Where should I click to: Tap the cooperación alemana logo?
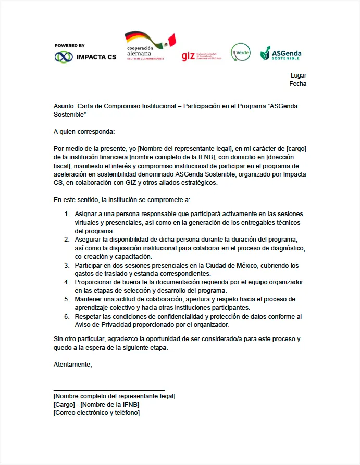150,47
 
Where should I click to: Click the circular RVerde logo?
241,52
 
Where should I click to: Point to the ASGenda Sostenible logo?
281,54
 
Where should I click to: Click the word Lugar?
299,76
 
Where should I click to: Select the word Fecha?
298,84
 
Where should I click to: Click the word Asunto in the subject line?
64,106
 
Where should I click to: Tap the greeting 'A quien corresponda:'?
84,132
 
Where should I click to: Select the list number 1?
67,214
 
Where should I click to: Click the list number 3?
67,265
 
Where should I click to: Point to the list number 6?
67,316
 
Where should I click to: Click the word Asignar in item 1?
86,214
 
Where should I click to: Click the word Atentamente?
73,365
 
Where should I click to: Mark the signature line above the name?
109,389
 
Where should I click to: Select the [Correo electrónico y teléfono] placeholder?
96,413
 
